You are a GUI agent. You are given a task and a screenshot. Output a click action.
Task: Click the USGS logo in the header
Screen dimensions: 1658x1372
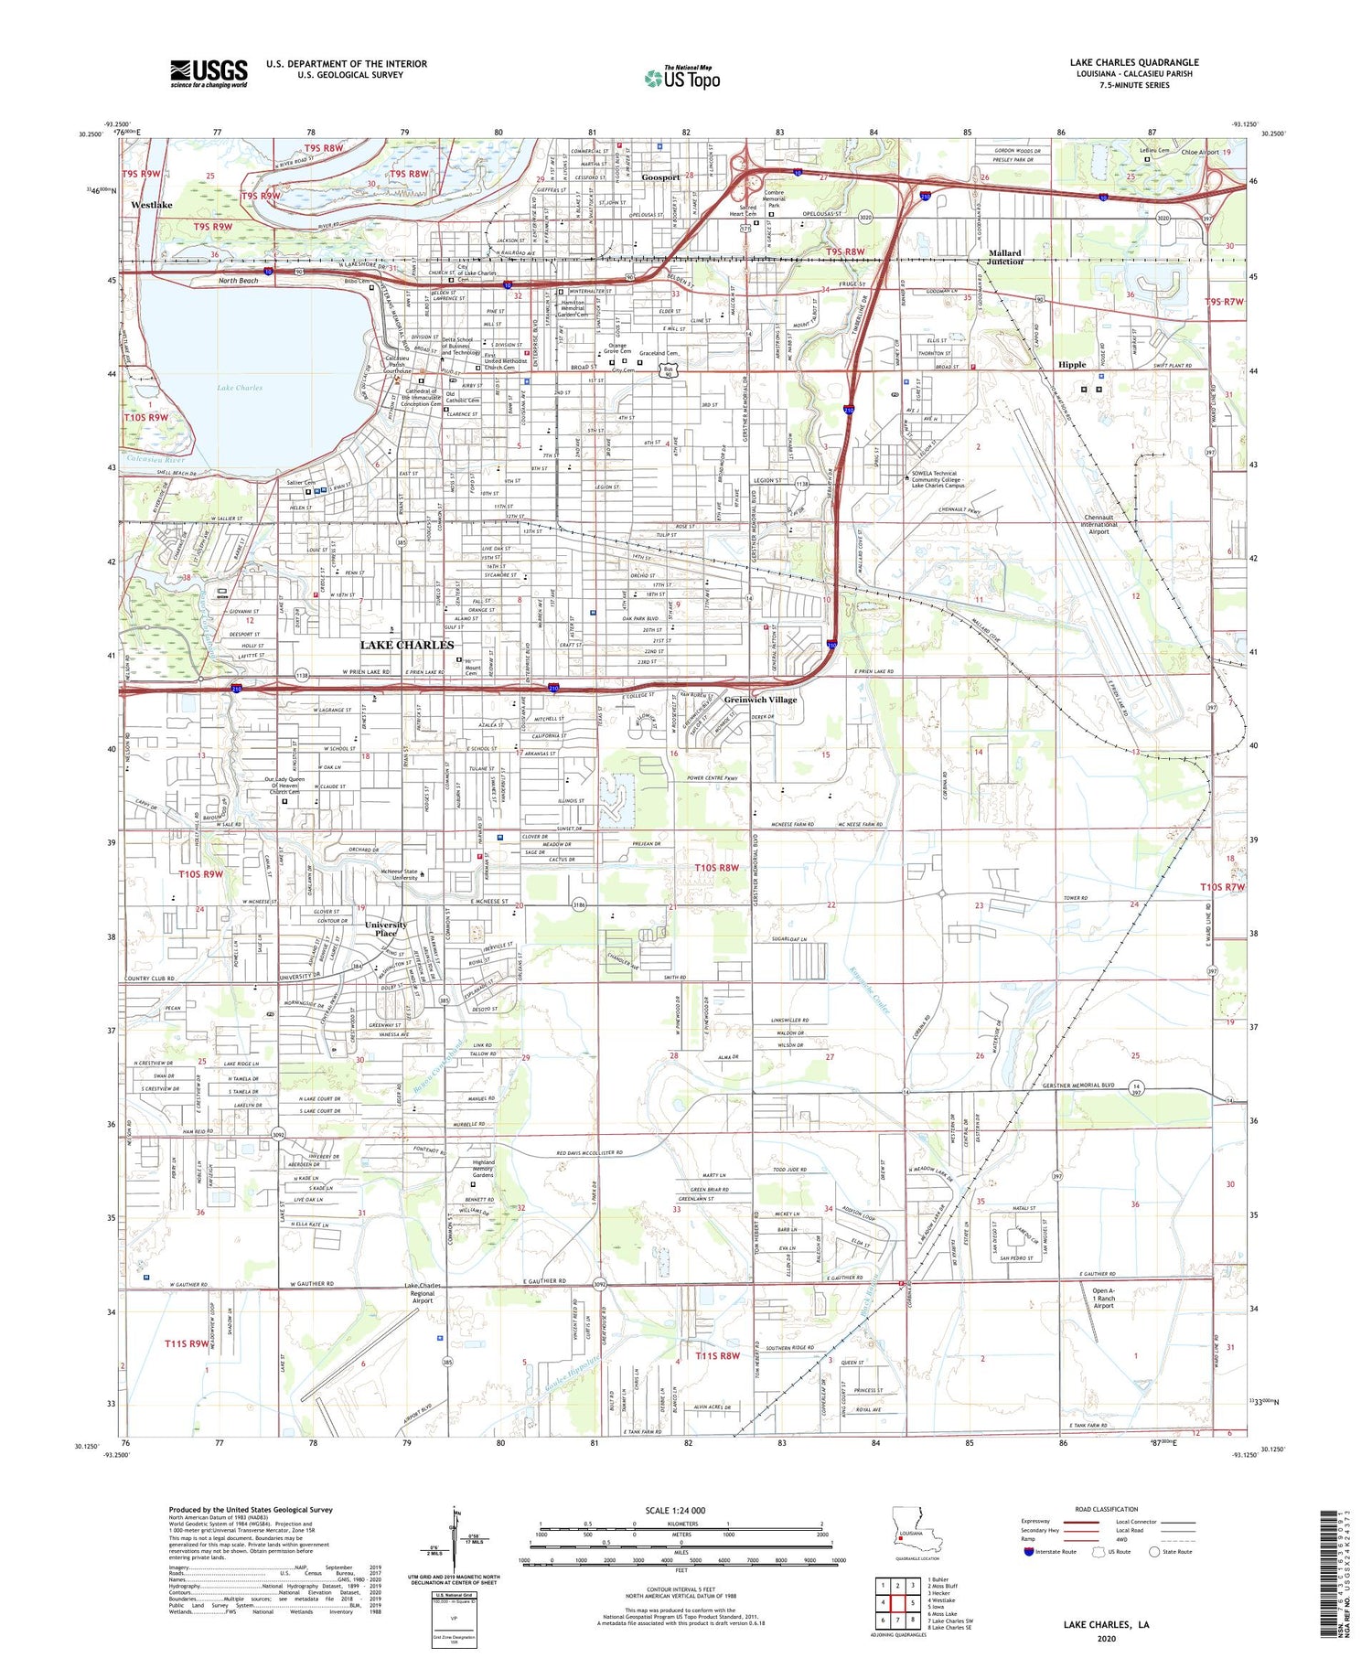coord(209,73)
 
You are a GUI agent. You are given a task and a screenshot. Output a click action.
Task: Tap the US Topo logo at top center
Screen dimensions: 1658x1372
coord(682,78)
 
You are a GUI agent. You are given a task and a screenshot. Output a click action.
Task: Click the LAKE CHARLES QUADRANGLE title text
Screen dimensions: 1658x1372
coord(1133,62)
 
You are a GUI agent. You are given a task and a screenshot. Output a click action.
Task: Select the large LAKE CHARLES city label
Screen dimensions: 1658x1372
coord(406,645)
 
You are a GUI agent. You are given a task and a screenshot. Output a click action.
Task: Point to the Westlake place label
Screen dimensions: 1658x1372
coord(151,205)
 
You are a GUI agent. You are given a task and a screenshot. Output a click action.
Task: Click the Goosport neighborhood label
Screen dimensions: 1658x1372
coord(659,177)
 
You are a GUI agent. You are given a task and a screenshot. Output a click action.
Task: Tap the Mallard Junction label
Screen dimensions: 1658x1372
coord(1005,257)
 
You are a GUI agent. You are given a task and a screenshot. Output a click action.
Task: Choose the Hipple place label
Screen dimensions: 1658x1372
coord(1071,364)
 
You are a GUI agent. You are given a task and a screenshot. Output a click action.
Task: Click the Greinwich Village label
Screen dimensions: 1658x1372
coord(760,700)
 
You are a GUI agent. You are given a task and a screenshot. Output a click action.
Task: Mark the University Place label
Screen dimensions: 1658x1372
coord(385,928)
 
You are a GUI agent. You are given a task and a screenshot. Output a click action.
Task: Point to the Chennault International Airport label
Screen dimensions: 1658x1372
coord(1098,524)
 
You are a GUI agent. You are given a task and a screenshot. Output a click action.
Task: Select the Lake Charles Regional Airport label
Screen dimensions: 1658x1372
coord(423,1293)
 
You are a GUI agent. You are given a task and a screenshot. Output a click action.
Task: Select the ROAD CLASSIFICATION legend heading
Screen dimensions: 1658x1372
coord(1107,1510)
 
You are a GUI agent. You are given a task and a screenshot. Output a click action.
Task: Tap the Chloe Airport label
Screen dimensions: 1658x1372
coord(1201,153)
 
